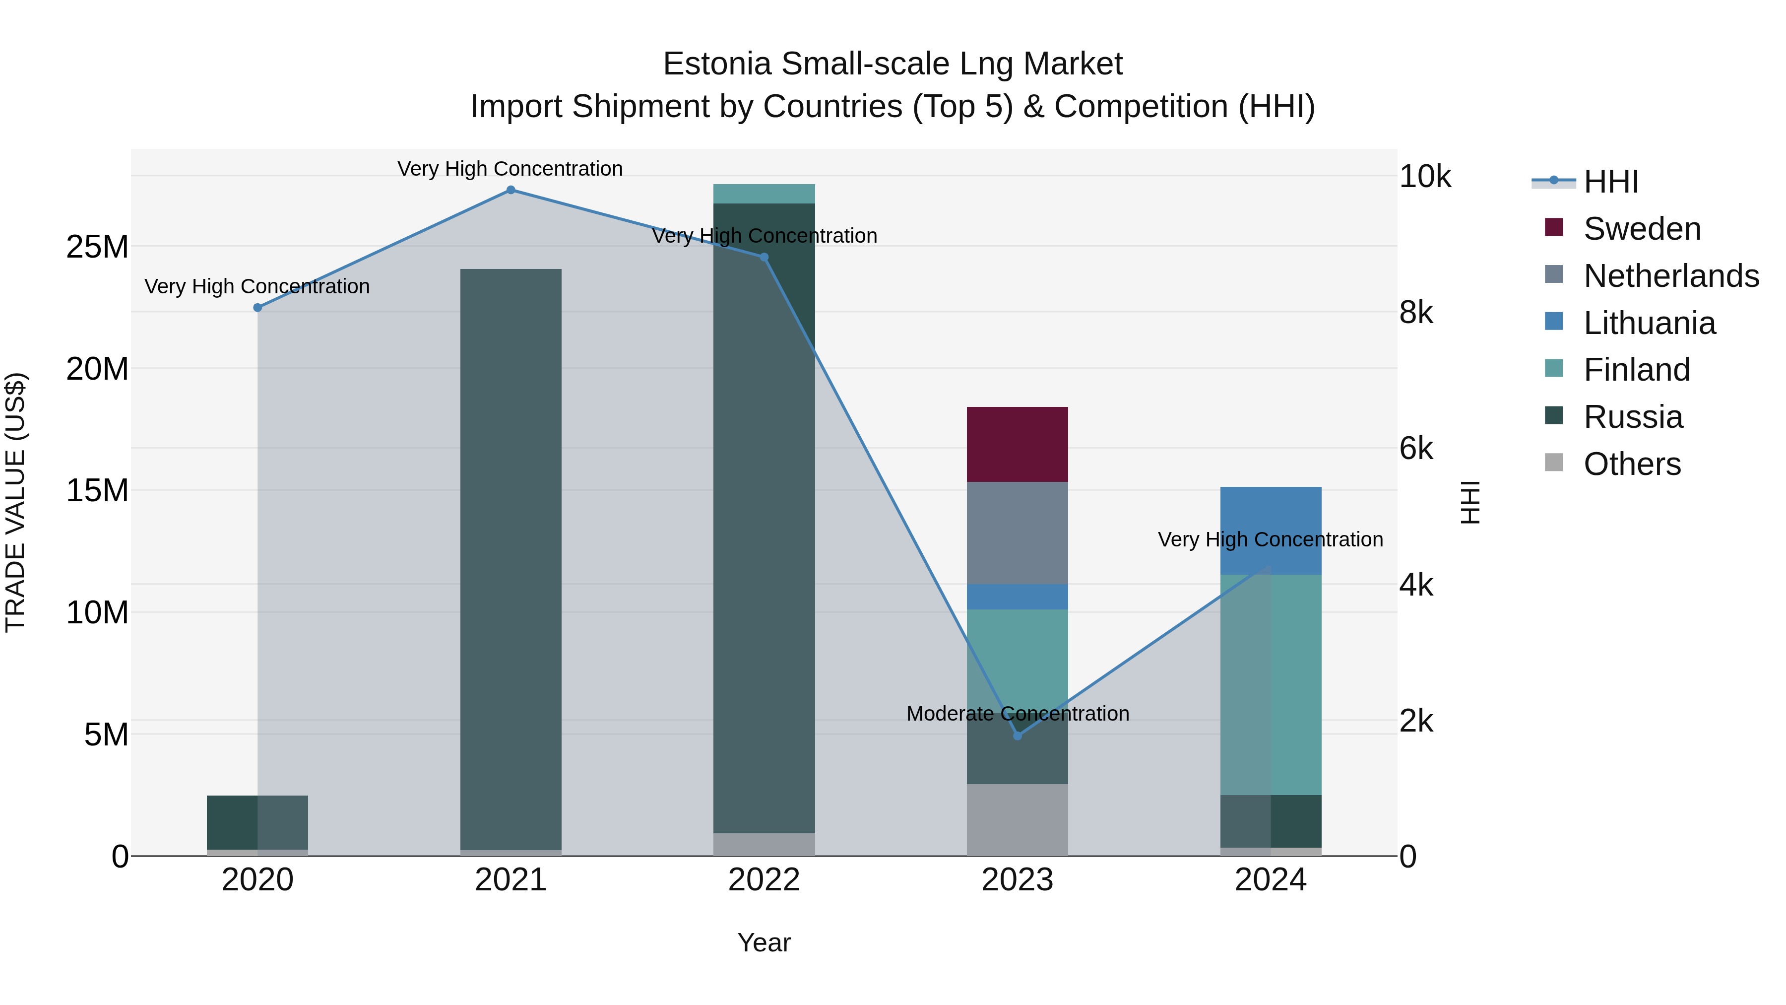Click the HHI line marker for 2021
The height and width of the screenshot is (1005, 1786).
click(x=510, y=190)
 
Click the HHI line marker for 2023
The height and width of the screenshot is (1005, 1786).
click(x=1017, y=736)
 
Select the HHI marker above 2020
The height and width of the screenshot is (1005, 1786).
click(x=257, y=307)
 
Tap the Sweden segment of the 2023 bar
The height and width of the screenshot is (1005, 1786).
click(x=1017, y=445)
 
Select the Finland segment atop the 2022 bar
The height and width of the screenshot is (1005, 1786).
click(x=764, y=194)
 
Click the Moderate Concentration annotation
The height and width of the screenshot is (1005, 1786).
click(x=1017, y=714)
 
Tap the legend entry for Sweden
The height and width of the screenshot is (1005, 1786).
click(x=1641, y=229)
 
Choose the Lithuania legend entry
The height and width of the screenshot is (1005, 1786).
click(x=1649, y=323)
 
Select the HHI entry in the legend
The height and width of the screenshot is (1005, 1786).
click(x=1610, y=182)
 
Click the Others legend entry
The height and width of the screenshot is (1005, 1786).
click(x=1631, y=464)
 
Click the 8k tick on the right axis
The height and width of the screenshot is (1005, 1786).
click(x=1416, y=313)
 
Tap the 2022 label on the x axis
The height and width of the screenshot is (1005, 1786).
click(x=764, y=880)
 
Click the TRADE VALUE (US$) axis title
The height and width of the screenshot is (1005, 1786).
click(x=15, y=502)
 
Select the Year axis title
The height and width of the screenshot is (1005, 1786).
click(x=764, y=942)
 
